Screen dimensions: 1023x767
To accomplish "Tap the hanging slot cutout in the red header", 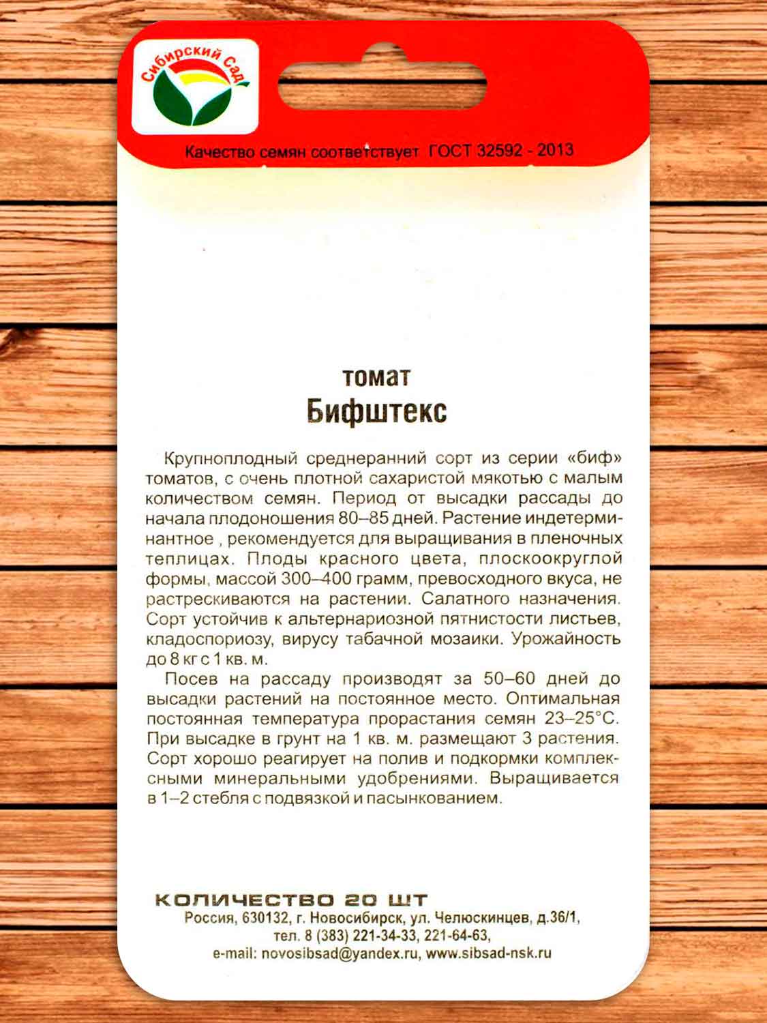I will (x=382, y=86).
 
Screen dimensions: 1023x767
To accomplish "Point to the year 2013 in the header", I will (x=555, y=150).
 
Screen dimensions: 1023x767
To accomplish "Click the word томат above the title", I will (x=376, y=376).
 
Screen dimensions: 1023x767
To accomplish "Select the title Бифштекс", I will (x=376, y=411).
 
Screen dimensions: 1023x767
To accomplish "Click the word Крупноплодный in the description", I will (x=231, y=458).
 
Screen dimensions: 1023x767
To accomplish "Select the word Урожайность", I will (x=566, y=640).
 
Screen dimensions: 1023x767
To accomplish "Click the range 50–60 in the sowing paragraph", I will (x=509, y=679).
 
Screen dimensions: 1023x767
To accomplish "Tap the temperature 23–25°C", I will (x=581, y=719).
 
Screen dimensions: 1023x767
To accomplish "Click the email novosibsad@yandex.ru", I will (x=340, y=953).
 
